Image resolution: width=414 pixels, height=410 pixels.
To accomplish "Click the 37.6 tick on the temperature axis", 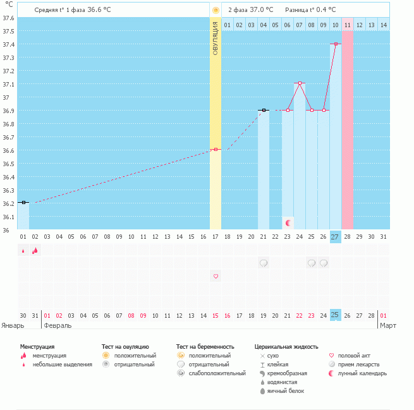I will (8, 18).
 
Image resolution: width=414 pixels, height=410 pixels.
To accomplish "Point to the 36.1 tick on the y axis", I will (8, 217).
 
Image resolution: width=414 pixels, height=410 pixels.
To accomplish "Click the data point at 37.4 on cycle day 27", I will (336, 44).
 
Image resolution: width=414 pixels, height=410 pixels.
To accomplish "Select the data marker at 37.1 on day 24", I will (300, 83).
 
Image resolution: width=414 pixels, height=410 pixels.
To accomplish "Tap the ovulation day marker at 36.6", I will (216, 150).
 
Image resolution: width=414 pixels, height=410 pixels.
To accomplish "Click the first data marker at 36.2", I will (23, 203).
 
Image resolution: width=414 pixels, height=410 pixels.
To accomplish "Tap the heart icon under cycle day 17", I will (216, 276).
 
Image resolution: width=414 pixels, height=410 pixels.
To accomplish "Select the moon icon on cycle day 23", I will (288, 222).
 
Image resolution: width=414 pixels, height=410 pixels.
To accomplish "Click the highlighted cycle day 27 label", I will (335, 237).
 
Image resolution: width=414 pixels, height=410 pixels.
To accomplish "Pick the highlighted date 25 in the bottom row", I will (335, 315).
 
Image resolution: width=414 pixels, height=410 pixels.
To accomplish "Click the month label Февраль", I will (57, 325).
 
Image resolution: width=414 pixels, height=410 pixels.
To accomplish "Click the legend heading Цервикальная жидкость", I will (286, 347).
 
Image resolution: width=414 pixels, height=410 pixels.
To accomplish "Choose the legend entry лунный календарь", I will (359, 373).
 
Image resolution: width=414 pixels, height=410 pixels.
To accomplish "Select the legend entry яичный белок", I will (286, 391).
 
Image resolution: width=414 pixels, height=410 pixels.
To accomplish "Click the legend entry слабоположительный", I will (218, 373).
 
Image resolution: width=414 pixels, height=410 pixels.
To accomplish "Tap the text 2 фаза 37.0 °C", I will (250, 10).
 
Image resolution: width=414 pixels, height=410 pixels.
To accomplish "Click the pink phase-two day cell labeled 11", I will (348, 25).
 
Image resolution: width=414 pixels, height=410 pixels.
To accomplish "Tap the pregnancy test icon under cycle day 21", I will (264, 263).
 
